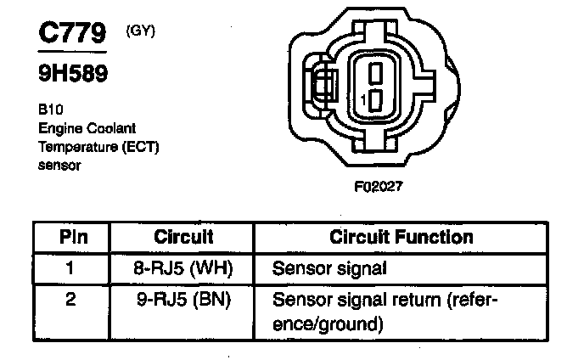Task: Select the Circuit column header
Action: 183,238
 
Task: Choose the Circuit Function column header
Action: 401,238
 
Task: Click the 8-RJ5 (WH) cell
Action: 183,269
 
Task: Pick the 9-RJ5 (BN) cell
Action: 183,300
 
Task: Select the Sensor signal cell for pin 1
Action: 328,270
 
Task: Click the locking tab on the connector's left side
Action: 320,87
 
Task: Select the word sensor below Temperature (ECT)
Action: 59,166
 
